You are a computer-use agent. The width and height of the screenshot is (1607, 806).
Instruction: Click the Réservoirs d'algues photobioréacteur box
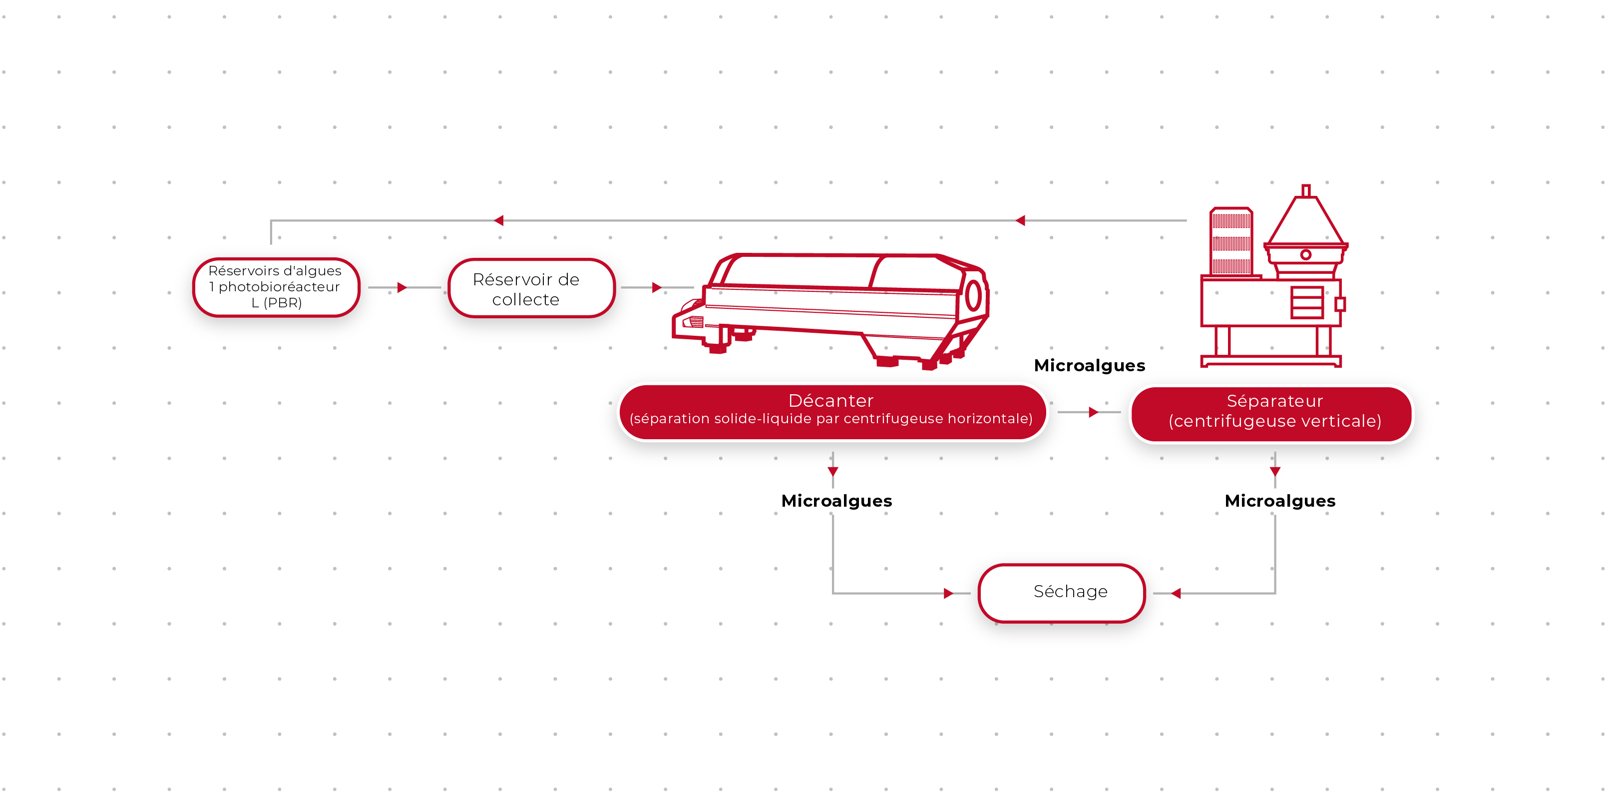pos(276,287)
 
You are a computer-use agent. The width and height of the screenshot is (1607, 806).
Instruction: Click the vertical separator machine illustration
pos(1272,281)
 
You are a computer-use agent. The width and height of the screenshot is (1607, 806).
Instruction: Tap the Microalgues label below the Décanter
pos(836,501)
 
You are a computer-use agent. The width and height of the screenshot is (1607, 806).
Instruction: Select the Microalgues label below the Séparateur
pos(1279,501)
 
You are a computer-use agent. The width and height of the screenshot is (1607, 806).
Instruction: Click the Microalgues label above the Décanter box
pos(1089,365)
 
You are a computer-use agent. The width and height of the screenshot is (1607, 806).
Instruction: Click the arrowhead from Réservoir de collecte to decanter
pos(656,287)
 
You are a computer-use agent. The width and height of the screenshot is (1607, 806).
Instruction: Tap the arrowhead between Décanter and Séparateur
pos(1093,412)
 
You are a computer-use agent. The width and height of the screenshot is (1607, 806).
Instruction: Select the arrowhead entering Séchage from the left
pos(948,593)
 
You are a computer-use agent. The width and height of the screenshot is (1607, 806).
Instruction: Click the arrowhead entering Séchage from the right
pos(1177,593)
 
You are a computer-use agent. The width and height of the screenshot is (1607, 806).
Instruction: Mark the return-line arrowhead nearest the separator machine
pos(1021,220)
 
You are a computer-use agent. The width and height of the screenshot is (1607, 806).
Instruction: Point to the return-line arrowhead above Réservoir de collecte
pos(498,220)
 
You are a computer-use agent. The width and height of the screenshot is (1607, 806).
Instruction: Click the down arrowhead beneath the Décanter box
pos(833,471)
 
